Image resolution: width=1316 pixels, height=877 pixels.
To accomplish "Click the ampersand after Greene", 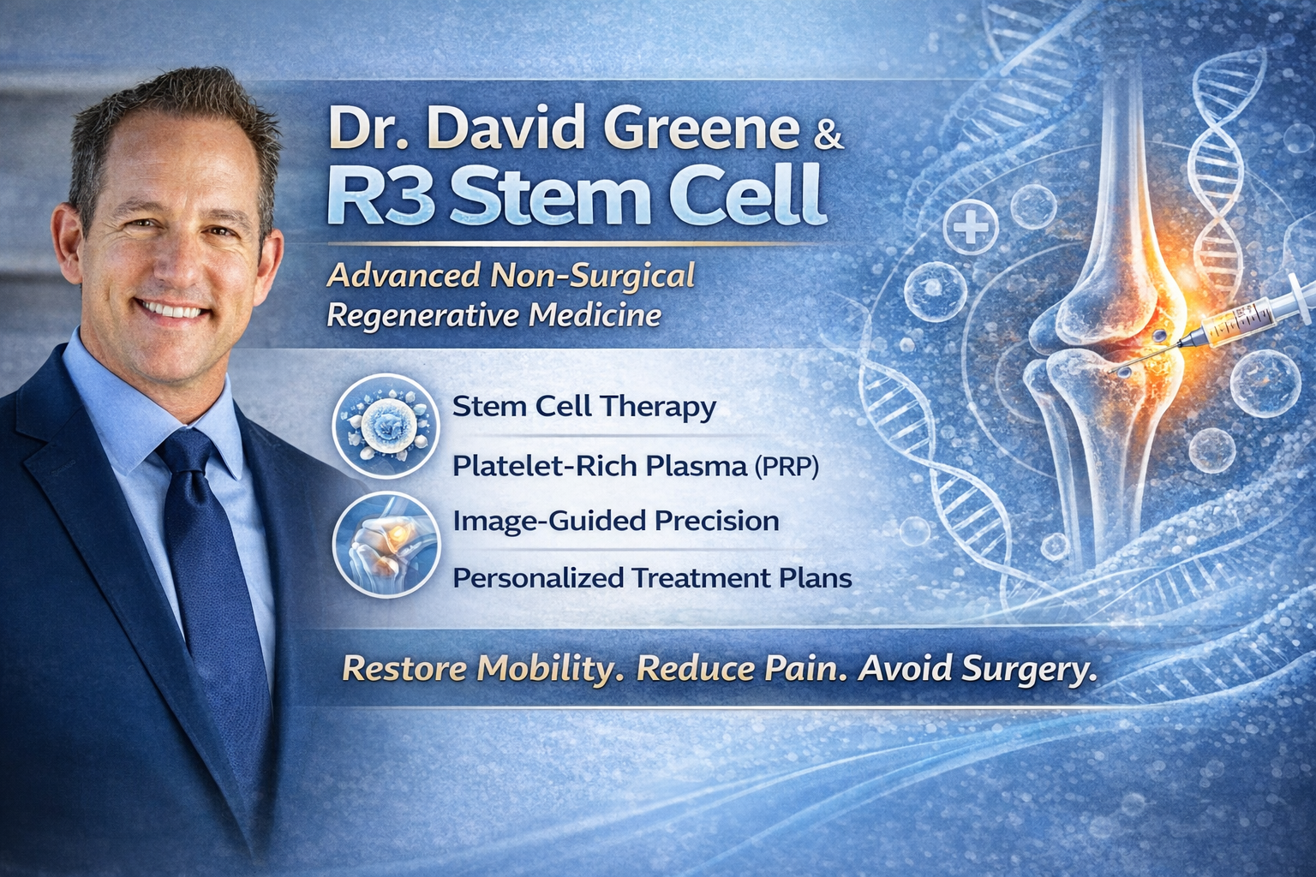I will tap(826, 137).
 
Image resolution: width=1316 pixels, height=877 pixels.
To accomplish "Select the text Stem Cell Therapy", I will tap(583, 406).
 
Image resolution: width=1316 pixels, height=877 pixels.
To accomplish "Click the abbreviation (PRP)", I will tap(786, 467).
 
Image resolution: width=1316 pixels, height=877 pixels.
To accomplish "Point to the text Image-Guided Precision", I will tap(615, 521).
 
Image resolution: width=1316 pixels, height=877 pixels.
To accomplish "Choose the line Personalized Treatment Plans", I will tap(652, 578).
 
